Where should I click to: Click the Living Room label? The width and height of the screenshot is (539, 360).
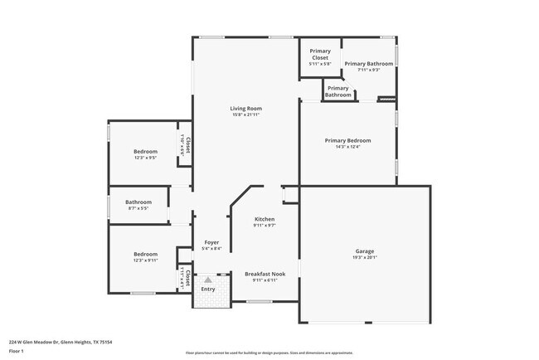pos(246,109)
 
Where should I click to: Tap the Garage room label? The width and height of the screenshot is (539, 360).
pos(365,251)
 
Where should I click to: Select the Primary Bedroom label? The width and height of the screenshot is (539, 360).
pos(347,140)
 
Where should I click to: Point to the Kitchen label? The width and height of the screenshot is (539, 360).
pos(265,219)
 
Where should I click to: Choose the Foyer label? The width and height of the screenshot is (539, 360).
pos(211,242)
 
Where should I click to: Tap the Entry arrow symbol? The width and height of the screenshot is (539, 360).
pos(208,280)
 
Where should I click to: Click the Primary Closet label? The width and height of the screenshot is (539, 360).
pos(319,54)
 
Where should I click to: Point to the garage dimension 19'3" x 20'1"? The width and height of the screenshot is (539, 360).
pos(365,257)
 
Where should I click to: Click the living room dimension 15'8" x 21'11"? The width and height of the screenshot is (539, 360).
pos(246,114)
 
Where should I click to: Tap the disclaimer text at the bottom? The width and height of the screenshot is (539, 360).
pos(269,353)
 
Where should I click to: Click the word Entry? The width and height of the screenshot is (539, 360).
pos(208,289)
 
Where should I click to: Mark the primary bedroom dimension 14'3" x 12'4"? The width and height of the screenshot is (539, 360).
pos(347,147)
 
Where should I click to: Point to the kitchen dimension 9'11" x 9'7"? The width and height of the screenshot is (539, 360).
pos(265,225)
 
